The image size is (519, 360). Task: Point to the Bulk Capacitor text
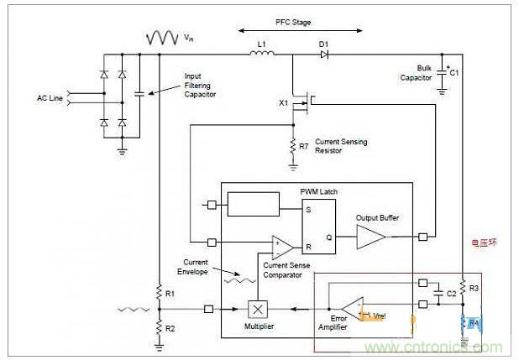pos(417,73)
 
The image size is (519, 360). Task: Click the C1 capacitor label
pos(454,73)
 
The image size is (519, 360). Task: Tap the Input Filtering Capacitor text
pos(201,86)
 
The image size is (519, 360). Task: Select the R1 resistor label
pos(170,294)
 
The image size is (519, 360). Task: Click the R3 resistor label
pos(472,288)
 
